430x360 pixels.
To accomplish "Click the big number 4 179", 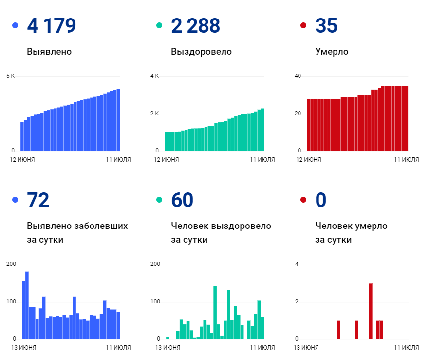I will (51, 26).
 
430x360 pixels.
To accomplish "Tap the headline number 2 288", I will (195, 26).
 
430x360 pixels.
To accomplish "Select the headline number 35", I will (326, 26).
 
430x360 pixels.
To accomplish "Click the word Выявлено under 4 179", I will (49, 51).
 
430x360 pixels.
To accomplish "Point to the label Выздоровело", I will (201, 51).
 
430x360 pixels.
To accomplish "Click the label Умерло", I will (332, 51).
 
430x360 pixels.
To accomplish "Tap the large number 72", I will (38, 200).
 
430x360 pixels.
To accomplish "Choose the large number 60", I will (182, 200).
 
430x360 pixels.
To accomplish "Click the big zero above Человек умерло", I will (320, 200).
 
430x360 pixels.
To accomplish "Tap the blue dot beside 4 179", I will (15, 25).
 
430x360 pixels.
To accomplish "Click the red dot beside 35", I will (303, 25).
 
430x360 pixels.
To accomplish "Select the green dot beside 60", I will (159, 200).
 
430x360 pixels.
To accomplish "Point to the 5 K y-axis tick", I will (10, 76).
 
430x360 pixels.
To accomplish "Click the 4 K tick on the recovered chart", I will (154, 76).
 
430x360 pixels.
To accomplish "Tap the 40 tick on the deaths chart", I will (298, 76).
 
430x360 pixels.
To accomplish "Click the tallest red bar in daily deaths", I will (371, 311).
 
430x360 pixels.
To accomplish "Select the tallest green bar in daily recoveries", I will (215, 312).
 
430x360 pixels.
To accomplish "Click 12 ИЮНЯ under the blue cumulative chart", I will (22, 159).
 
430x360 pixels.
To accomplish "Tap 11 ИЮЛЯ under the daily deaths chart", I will (406, 347).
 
